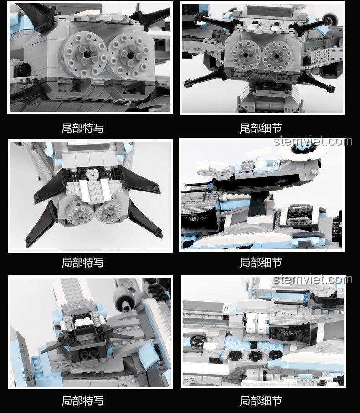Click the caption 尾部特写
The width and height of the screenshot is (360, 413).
click(x=82, y=128)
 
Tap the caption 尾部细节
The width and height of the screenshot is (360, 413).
click(x=261, y=128)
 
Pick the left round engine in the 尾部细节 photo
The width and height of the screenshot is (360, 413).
click(x=246, y=55)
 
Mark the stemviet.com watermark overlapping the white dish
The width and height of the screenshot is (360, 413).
click(x=313, y=141)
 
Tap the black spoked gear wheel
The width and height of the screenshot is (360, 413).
click(x=197, y=341)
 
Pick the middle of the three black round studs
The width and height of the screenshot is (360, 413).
click(x=255, y=356)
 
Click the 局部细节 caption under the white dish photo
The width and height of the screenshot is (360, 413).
click(x=261, y=263)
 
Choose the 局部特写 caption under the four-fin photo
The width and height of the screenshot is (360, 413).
click(x=82, y=263)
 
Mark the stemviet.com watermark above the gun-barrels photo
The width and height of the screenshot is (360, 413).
click(x=313, y=279)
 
